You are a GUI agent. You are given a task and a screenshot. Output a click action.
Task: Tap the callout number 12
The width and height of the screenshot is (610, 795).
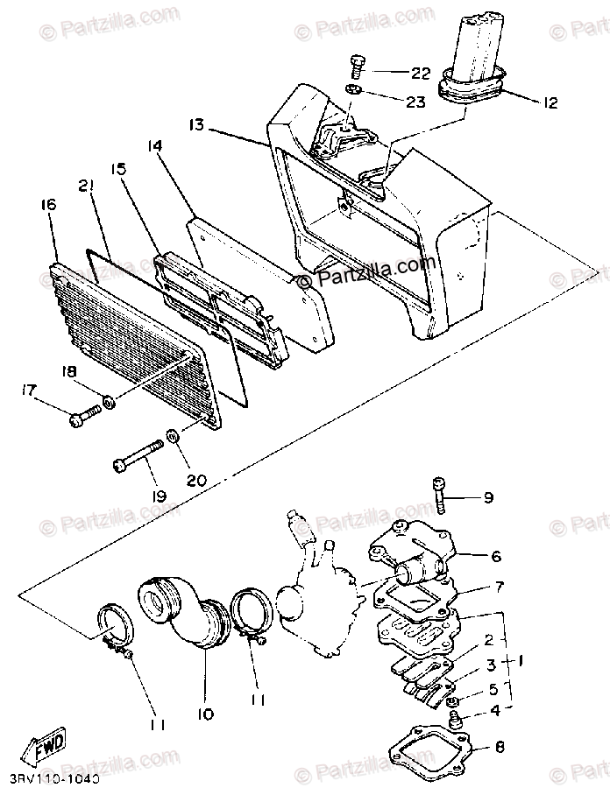[550, 103]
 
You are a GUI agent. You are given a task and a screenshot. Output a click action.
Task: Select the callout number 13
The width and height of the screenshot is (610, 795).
[196, 125]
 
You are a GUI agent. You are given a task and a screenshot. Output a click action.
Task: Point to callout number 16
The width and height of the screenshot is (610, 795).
[47, 205]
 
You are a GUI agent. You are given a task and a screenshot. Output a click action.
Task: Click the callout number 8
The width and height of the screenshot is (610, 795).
[500, 747]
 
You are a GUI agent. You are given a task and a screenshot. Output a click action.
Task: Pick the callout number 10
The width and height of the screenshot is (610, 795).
[205, 715]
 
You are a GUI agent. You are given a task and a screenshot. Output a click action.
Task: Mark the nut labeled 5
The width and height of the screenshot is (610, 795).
[452, 703]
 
